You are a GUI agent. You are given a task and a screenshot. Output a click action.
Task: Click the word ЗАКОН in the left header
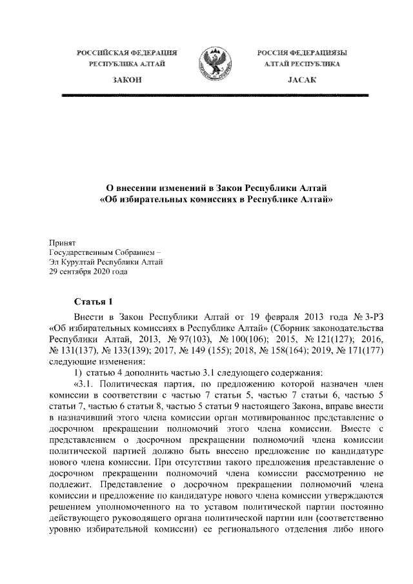[126, 78]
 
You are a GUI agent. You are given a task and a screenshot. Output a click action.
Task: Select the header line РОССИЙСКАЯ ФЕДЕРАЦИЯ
[126, 52]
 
